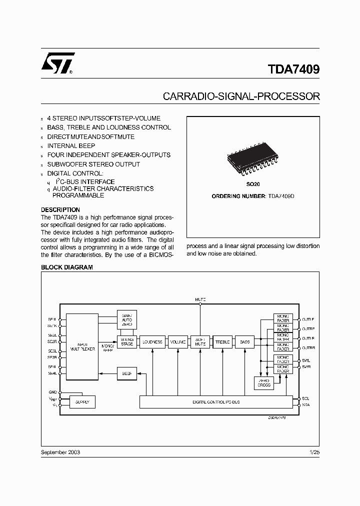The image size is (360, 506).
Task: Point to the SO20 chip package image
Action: point(253,162)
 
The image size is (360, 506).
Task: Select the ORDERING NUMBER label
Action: point(237,196)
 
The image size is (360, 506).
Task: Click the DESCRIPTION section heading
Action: point(60,210)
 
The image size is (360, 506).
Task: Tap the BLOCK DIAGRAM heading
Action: point(66,267)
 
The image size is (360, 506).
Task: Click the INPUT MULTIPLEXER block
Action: point(82,346)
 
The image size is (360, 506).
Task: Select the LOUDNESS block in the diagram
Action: point(152,342)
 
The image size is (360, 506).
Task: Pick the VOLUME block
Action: point(177,342)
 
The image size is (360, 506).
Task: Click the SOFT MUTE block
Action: point(200,342)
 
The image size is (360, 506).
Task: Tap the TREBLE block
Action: point(222,342)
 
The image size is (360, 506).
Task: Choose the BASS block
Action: point(245,342)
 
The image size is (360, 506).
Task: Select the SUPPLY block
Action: point(82,402)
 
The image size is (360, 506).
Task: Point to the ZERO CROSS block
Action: point(263,382)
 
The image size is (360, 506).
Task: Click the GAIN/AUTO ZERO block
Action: point(126,319)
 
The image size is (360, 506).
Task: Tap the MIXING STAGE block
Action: point(126,342)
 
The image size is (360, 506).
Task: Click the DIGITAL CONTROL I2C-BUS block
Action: point(216,402)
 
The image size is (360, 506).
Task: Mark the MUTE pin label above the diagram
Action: point(200,299)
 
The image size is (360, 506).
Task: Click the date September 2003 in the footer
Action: point(60,452)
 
